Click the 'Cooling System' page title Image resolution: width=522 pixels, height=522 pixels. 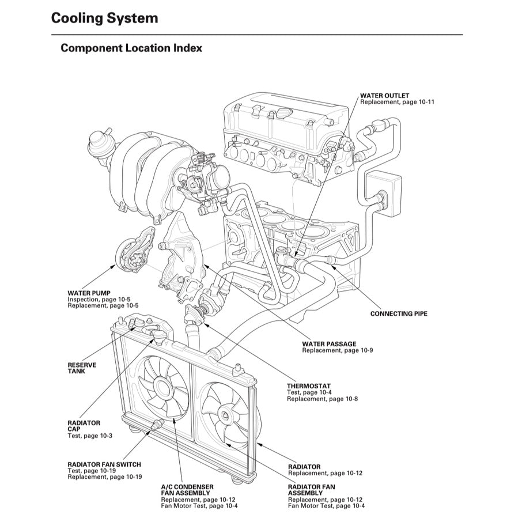pos(104,18)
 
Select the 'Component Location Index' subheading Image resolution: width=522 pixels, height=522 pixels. pos(131,48)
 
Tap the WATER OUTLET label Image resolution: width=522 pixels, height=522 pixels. pos(384,96)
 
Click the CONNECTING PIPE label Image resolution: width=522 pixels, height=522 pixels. pos(399,314)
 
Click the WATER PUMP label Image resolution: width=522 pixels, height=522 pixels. pos(89,293)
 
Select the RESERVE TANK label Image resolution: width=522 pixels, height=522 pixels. pos(82,368)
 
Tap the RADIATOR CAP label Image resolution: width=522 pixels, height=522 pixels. pos(84,426)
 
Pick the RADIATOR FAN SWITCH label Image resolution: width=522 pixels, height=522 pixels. pos(104,464)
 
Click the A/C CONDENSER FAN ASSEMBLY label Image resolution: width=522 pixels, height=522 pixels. pos(187,490)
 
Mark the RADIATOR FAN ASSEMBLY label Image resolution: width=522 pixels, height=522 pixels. pos(311,490)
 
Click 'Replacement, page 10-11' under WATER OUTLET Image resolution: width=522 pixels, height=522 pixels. pos(397,102)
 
